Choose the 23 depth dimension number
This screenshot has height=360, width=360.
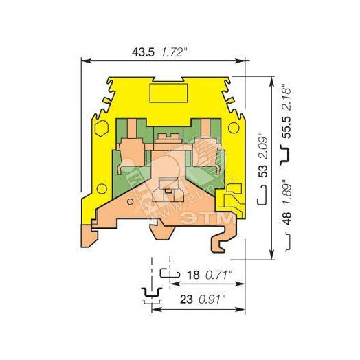(x=187, y=300)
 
